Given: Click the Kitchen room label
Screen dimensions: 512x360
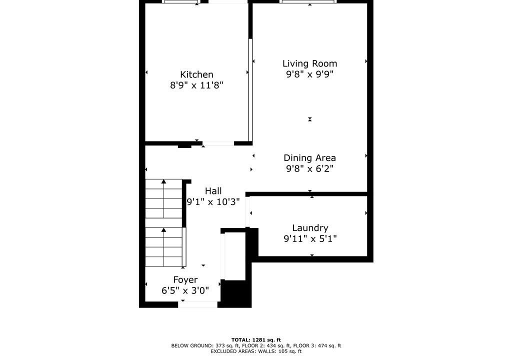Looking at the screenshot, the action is coord(196,74).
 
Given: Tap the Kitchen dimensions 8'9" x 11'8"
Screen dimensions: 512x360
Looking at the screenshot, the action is coord(196,85).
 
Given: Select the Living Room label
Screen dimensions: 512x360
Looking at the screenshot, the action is coord(309,63).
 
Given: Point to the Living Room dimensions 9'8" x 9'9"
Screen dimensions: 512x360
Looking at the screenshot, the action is coord(309,74).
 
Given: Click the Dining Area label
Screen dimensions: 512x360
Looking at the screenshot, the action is coord(309,158).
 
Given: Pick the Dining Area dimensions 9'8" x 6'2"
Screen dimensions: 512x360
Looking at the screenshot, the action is coord(309,168).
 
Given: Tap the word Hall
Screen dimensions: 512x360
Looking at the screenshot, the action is coord(213,191).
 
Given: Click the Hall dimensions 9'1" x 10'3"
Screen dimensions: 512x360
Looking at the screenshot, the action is coord(213,202).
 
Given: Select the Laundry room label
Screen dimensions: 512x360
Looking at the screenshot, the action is coord(310,228).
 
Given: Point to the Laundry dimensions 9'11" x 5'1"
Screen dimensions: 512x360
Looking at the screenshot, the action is coord(310,239).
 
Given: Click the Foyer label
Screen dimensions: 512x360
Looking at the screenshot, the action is coord(185,280).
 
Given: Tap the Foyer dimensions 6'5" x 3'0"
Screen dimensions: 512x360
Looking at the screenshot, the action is coord(185,290).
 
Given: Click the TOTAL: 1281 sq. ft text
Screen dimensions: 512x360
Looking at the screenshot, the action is coord(256,339).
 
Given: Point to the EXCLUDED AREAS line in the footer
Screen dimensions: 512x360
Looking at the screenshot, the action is coord(256,351).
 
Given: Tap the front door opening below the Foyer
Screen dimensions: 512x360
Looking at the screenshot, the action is coord(197,304).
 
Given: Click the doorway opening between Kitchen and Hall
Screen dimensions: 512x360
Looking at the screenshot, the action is coord(218,143).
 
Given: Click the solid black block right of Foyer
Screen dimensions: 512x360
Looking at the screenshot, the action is coord(236,293).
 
